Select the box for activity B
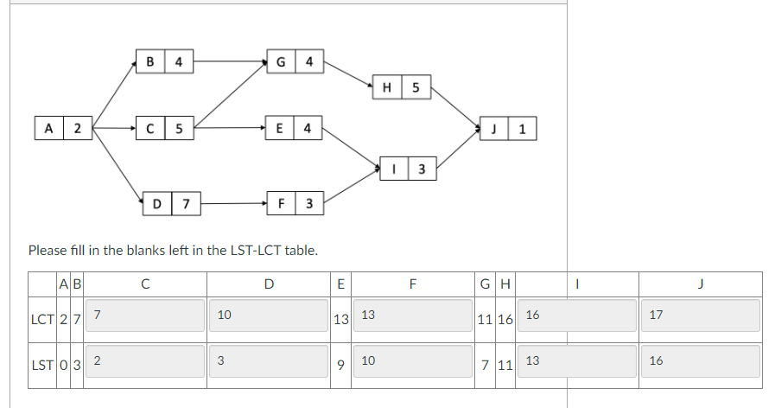tap(164, 61)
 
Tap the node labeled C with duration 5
tap(164, 130)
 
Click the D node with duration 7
tap(171, 204)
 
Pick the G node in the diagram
tap(295, 61)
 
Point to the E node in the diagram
tap(295, 130)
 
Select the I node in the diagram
tap(408, 169)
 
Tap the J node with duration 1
tap(507, 130)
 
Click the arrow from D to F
tap(233, 204)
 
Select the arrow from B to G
tap(230, 61)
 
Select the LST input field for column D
tap(269, 360)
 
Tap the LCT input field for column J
tap(701, 316)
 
